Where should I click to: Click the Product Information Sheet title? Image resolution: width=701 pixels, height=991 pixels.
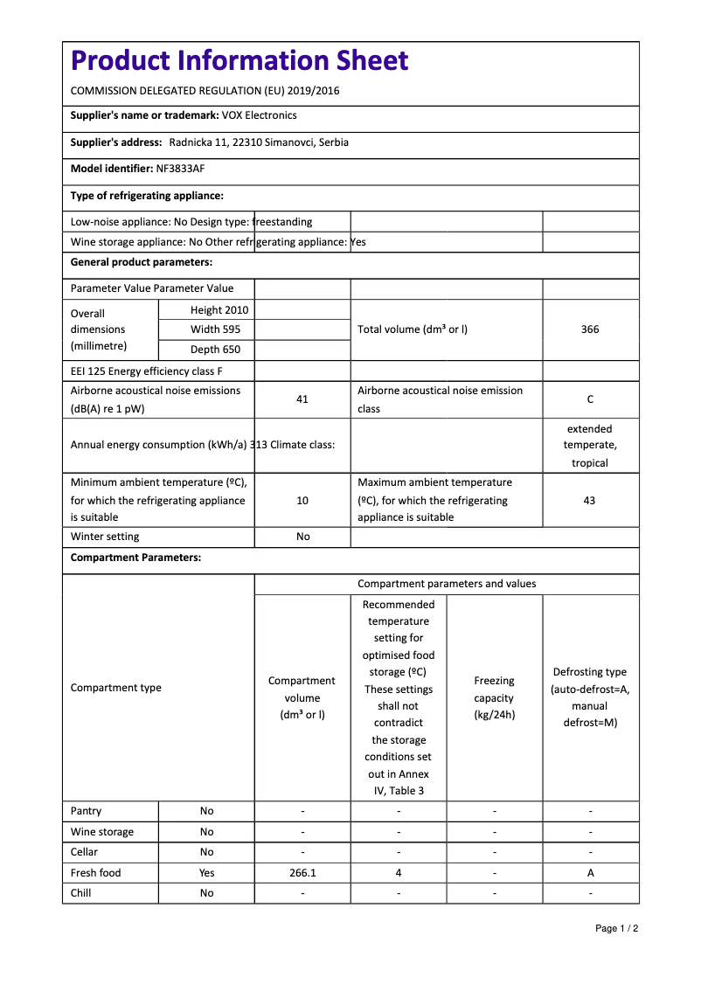point(239,61)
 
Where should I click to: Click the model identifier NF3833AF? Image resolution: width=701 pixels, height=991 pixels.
point(180,169)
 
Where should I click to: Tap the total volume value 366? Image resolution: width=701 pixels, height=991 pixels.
point(590,329)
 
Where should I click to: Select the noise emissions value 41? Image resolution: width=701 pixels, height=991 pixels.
point(302,399)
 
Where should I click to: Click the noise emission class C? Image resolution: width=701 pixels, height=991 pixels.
point(590,399)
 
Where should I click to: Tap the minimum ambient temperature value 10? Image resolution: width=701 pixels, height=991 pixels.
point(302,501)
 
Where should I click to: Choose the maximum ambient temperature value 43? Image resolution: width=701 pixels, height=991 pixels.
point(590,501)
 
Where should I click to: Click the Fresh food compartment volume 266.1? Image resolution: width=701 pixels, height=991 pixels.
point(302,873)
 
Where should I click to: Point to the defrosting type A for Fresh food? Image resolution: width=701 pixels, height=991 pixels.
point(590,873)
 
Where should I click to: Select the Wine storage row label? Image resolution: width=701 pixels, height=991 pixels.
point(102,832)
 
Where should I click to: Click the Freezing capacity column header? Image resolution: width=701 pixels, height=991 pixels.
point(494,697)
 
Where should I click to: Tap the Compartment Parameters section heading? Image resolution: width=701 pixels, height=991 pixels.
point(135,558)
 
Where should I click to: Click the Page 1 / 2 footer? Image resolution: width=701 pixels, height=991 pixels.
point(616,928)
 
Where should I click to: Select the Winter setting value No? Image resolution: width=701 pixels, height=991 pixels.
point(302,537)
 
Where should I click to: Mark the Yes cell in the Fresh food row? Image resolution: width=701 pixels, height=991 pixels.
point(206,873)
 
